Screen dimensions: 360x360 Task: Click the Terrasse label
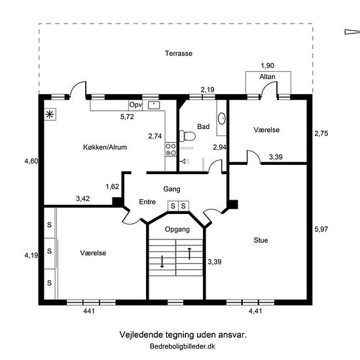179,53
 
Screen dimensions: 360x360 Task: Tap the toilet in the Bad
187,136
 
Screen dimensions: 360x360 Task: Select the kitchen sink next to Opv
154,105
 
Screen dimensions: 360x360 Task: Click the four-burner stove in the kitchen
171,149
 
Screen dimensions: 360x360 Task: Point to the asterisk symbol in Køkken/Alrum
50,115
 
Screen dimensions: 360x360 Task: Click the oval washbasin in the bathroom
222,118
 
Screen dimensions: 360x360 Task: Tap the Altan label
268,77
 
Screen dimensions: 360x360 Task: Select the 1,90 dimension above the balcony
268,65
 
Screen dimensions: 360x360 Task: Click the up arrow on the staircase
189,253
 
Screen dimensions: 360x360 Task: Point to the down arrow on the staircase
162,262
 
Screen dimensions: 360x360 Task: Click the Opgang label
177,229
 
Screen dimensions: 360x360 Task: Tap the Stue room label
261,240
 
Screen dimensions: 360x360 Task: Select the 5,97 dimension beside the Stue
321,229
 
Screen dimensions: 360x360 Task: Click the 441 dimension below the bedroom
89,311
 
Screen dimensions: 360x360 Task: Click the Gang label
171,189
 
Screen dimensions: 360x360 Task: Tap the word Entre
147,202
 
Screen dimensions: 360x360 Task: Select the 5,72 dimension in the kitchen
127,117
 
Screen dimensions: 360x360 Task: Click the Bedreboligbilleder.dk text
183,346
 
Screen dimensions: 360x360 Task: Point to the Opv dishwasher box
135,105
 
